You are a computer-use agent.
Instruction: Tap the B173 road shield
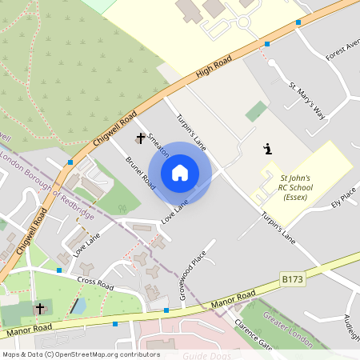[x=293, y=278]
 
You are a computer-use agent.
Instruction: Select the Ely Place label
[x=344, y=197]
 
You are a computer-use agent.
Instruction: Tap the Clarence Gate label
[x=253, y=334]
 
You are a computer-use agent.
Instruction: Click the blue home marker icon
[x=180, y=173]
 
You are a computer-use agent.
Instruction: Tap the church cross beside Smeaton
[x=141, y=138]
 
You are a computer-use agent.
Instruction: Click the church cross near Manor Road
[x=40, y=308]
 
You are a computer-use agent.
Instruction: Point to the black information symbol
[x=267, y=149]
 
